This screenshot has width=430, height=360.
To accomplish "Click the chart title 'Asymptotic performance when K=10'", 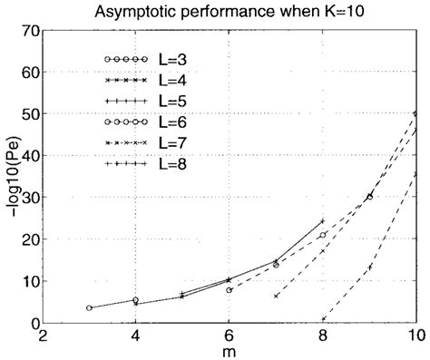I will click(227, 12).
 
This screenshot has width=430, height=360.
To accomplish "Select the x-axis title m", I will click(229, 351).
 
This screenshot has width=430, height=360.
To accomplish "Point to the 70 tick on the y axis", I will click(29, 31).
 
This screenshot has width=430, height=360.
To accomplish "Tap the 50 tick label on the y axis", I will click(29, 114).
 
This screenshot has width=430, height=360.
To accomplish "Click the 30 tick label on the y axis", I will click(29, 198).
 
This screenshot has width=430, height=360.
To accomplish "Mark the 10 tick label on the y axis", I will click(29, 281).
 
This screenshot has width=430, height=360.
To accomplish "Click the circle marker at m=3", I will click(89, 308).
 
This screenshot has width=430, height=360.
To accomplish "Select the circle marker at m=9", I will click(369, 197).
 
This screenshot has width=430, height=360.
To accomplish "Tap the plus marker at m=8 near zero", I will click(323, 319).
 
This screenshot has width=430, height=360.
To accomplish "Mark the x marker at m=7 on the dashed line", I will click(276, 296).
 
